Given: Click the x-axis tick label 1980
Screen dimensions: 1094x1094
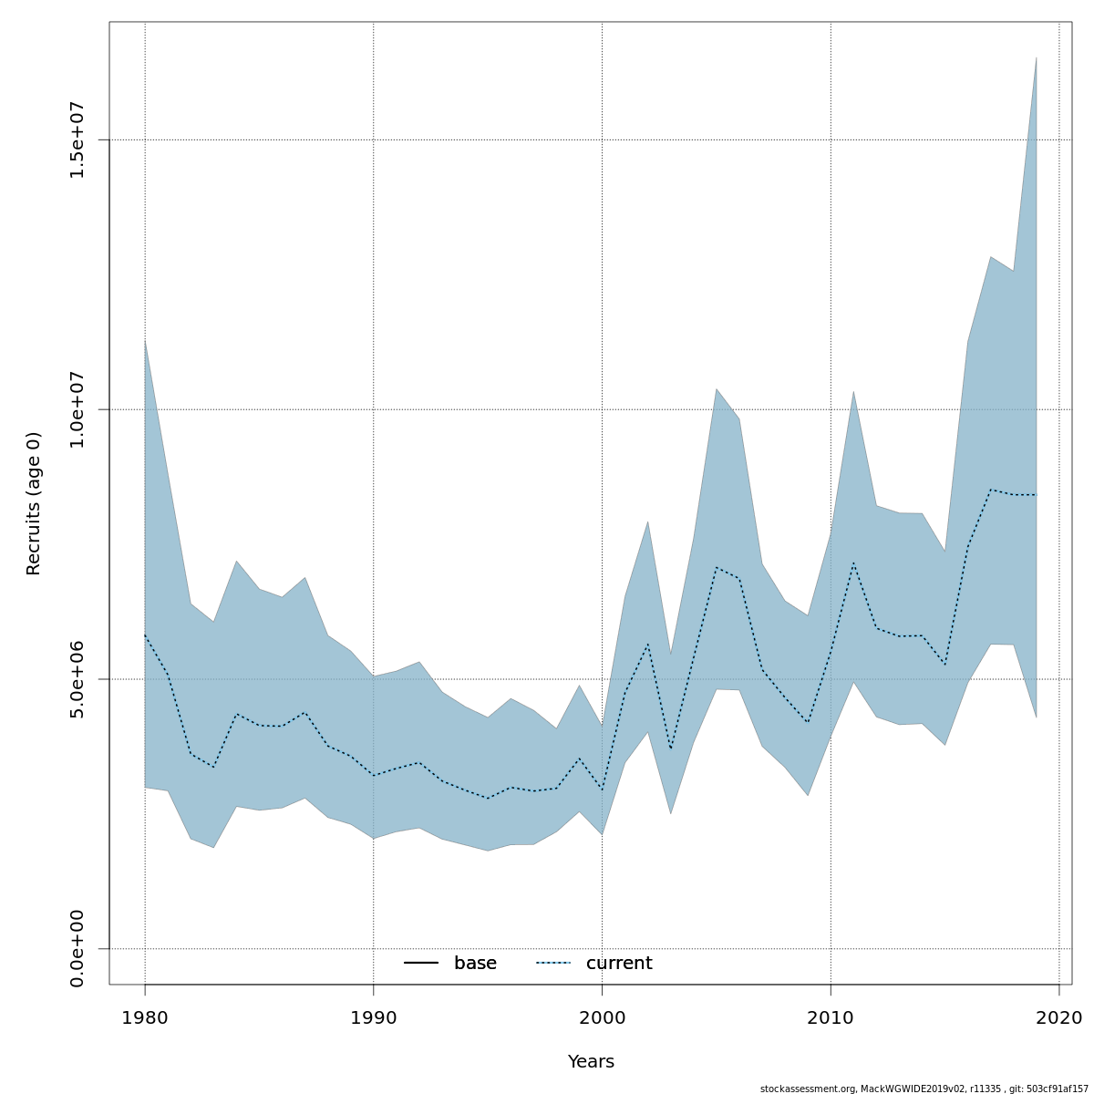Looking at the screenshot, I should [x=145, y=1017].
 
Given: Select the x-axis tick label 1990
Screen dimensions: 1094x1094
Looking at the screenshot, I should [x=374, y=1017].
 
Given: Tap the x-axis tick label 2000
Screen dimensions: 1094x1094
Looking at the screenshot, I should [x=602, y=1017].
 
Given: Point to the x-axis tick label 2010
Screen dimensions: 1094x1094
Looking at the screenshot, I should [x=831, y=1017].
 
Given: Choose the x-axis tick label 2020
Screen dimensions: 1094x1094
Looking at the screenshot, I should [x=1058, y=1017].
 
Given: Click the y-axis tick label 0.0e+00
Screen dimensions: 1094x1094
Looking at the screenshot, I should [x=77, y=948].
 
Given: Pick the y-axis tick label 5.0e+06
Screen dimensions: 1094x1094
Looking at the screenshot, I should [x=77, y=679].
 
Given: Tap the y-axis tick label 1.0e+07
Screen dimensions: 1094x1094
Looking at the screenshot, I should [x=77, y=409].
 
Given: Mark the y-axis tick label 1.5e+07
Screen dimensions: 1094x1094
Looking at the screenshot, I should [x=77, y=139].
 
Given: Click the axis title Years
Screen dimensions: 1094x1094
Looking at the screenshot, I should [x=591, y=1062].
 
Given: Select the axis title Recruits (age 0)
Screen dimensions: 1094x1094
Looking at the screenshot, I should [x=34, y=503].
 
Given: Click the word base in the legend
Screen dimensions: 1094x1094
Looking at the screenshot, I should [x=475, y=964].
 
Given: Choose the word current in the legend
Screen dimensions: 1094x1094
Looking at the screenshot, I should [x=619, y=964].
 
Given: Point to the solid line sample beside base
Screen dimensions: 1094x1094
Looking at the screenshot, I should [x=421, y=964].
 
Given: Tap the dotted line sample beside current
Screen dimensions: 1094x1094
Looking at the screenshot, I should [x=553, y=964].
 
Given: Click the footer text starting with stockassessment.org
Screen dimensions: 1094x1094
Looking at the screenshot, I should [x=924, y=1089].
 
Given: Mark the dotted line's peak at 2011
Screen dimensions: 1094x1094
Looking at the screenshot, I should [x=853, y=562].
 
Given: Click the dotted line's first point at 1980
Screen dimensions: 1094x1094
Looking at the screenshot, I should [x=145, y=635].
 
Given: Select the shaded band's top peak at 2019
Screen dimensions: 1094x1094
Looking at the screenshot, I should [x=1036, y=57].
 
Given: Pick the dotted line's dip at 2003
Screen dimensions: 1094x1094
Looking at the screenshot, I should [x=671, y=749].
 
